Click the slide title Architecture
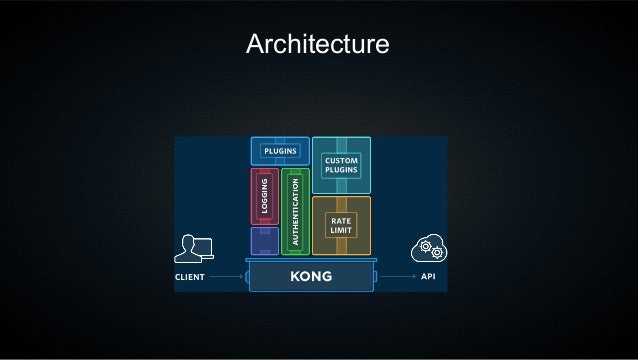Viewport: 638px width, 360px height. pyautogui.click(x=318, y=46)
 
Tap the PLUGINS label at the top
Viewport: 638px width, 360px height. pyautogui.click(x=280, y=151)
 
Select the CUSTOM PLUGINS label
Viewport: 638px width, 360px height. pyautogui.click(x=341, y=165)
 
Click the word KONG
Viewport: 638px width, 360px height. pyautogui.click(x=310, y=275)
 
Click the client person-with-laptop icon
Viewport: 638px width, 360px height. pyautogui.click(x=192, y=250)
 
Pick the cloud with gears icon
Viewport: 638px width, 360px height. pyautogui.click(x=426, y=250)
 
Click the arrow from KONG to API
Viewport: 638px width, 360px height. pyautogui.click(x=400, y=276)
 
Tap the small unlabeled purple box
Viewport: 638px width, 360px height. pyautogui.click(x=264, y=240)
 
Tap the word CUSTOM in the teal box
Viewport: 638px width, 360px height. pyautogui.click(x=341, y=160)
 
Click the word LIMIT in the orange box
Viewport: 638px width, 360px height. pyautogui.click(x=341, y=231)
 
